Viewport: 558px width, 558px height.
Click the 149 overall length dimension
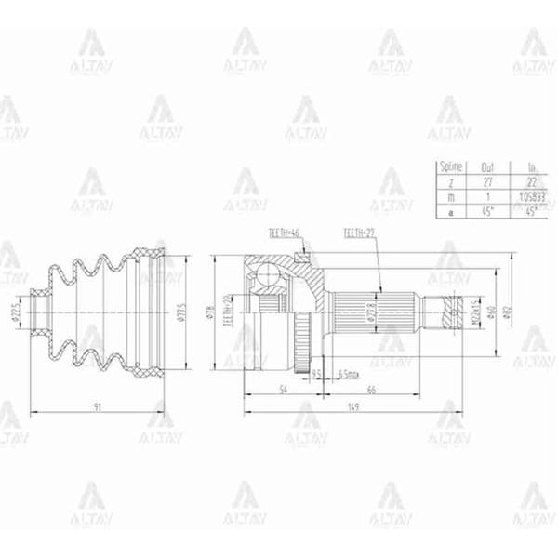coord(354,405)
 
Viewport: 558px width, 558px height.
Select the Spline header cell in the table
coord(451,168)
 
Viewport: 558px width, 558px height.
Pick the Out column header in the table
coord(487,168)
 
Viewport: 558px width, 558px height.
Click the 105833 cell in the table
coord(532,197)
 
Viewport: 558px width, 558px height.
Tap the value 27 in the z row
coord(487,183)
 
